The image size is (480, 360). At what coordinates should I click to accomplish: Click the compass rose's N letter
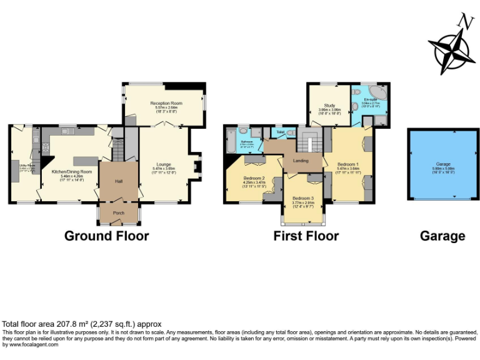(464, 21)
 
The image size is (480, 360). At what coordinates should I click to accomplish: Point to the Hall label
(119, 181)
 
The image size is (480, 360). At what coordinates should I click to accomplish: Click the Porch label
(119, 213)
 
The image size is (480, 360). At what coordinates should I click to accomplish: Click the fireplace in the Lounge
(196, 166)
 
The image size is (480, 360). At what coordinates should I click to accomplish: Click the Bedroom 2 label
(254, 178)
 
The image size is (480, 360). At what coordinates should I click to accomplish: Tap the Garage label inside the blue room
(444, 164)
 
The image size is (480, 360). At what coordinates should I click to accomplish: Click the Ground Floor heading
(107, 236)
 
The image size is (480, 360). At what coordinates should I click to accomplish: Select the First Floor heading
(306, 236)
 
